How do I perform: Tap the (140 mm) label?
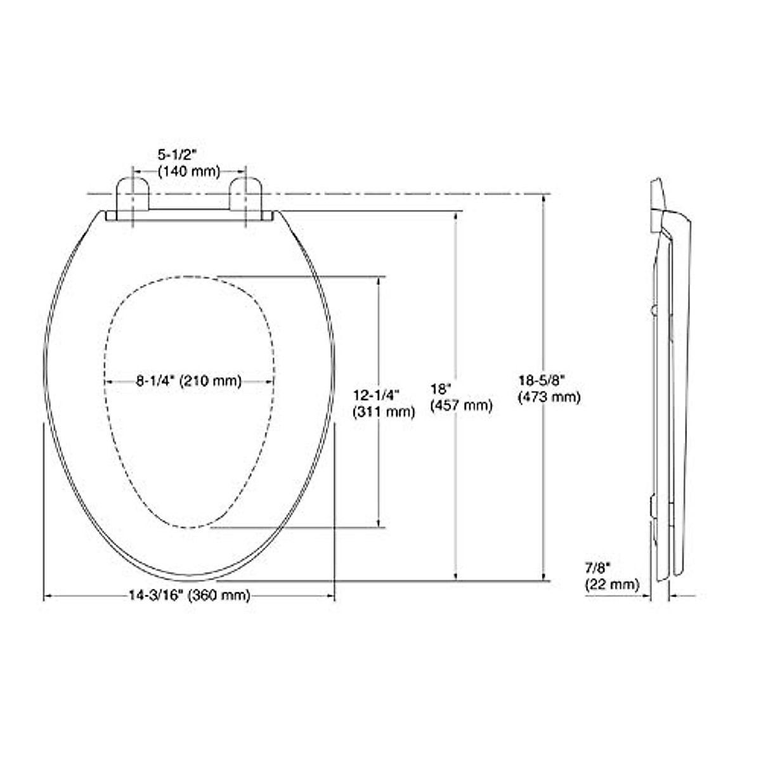[188, 171]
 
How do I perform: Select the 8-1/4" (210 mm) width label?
[189, 381]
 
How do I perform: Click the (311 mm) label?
[384, 412]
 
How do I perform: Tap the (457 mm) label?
[461, 405]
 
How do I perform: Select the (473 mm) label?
[549, 397]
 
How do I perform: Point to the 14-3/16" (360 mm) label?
[189, 595]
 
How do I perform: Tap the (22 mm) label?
[611, 584]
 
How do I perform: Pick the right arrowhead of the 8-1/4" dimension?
[271, 381]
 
